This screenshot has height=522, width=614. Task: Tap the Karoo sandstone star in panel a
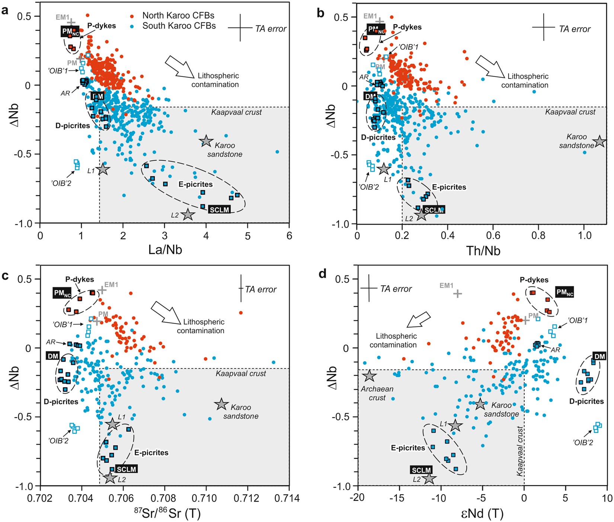click(206, 141)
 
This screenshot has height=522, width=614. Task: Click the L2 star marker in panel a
click(188, 215)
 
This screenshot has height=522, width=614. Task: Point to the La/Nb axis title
click(165, 249)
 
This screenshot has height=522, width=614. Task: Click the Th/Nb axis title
click(483, 250)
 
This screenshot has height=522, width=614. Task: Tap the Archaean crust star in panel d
click(369, 376)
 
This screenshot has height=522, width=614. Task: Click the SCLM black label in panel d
click(421, 470)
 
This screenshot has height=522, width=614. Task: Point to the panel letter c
click(5, 275)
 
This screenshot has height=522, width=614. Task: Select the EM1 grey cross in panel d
click(457, 294)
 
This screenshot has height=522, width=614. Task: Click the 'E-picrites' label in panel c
click(151, 453)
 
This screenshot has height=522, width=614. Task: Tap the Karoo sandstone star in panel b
click(599, 141)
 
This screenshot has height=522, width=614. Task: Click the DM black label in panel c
click(53, 356)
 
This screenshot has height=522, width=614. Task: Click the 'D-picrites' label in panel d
click(586, 401)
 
